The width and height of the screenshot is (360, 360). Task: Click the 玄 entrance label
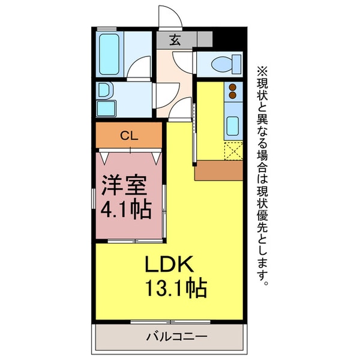(x=175, y=40)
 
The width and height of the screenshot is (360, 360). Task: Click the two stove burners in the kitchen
(x=233, y=92)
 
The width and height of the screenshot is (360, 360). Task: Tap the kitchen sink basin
(x=233, y=125)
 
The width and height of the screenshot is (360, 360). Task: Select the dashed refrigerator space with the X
(x=233, y=150)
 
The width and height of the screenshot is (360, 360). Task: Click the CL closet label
(x=128, y=136)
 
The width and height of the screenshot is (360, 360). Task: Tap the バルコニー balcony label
(x=177, y=337)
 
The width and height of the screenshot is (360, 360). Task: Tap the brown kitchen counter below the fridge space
(x=218, y=170)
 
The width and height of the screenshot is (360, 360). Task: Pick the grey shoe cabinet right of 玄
(x=205, y=40)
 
